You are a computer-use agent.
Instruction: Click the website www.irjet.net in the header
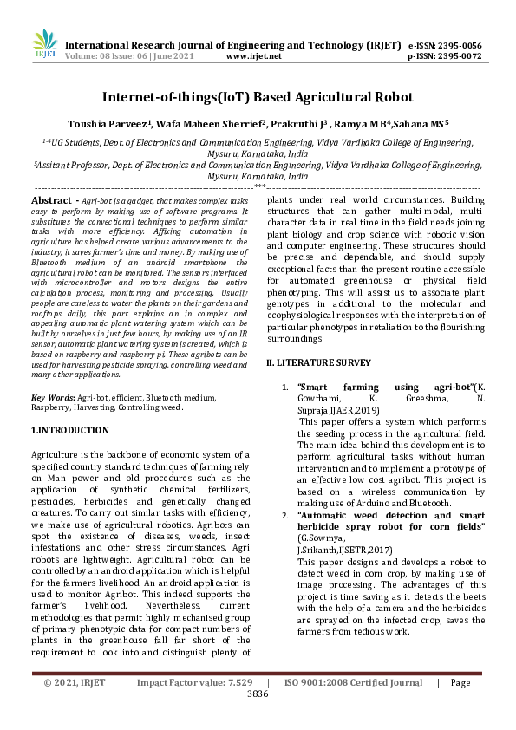click(x=253, y=56)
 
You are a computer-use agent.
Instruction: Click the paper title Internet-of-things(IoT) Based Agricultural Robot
click(x=258, y=97)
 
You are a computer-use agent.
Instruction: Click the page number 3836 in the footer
click(x=258, y=694)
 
